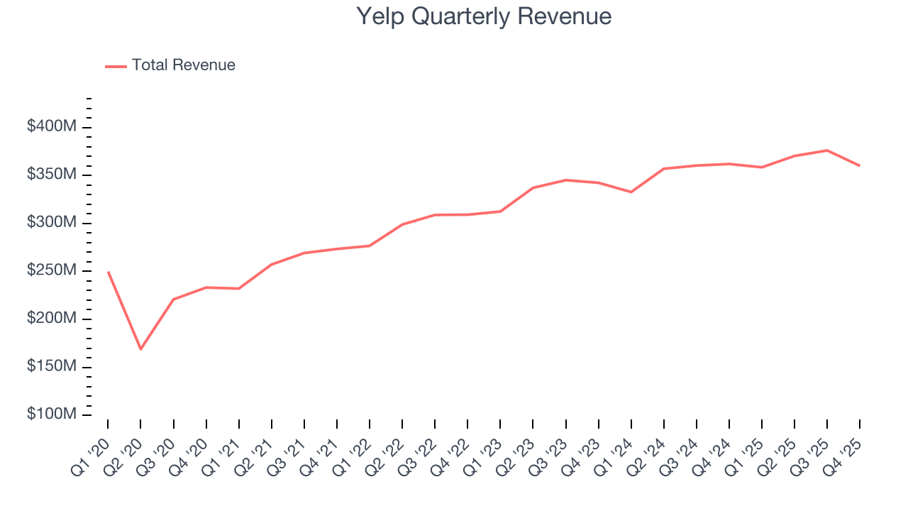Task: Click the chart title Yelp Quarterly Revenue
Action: tap(483, 16)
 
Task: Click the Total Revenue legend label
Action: tap(183, 65)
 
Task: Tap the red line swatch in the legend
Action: tap(116, 66)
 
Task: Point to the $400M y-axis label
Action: tap(52, 127)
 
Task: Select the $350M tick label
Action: tap(52, 175)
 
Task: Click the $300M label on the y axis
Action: tap(52, 223)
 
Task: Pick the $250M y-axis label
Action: tap(52, 270)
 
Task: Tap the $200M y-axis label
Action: tap(52, 319)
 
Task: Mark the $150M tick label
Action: tap(52, 366)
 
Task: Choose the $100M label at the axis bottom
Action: tap(52, 414)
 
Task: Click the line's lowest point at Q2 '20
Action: tap(140, 349)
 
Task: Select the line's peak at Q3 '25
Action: tap(827, 150)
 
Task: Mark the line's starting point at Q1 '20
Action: tap(108, 272)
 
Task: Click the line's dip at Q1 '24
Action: tap(631, 192)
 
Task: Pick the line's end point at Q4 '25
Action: tap(860, 166)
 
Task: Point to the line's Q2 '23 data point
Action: tap(533, 187)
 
